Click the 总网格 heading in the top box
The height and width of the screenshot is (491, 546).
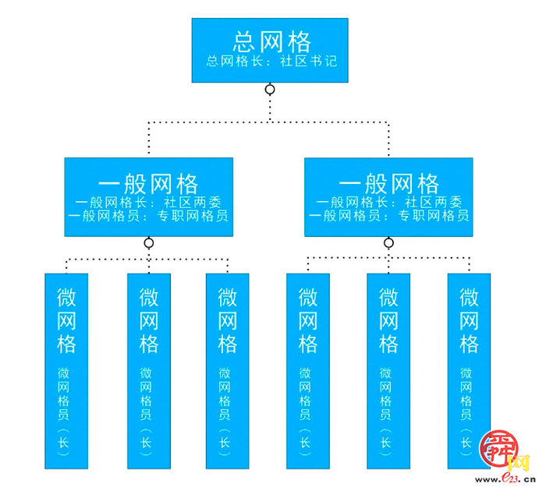tap(271, 41)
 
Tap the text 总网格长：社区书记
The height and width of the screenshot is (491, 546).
tap(271, 61)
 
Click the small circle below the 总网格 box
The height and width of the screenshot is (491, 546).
tap(271, 90)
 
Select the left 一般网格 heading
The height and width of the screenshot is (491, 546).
tap(149, 184)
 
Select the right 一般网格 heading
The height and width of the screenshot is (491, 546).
tap(389, 184)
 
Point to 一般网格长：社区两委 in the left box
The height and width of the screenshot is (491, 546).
tap(148, 202)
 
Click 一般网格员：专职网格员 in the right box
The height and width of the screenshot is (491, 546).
tap(389, 215)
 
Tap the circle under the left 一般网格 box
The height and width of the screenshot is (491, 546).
tap(149, 243)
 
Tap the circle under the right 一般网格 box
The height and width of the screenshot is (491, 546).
tap(388, 243)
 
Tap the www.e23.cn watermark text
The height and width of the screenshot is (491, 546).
tap(505, 479)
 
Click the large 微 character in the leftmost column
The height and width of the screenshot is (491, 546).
tap(67, 297)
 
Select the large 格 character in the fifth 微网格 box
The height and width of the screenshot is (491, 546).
tap(388, 344)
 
